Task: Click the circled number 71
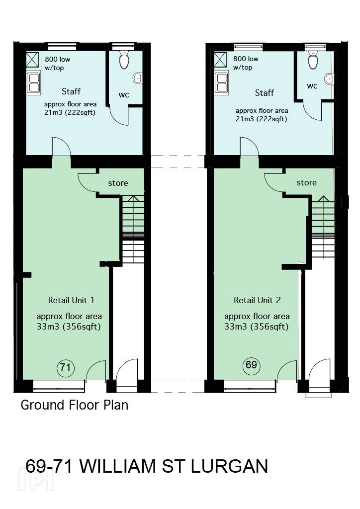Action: click(x=66, y=367)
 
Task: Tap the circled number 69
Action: click(x=251, y=365)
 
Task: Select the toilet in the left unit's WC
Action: click(x=124, y=60)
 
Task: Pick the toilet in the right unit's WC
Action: click(x=313, y=60)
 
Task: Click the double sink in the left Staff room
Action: click(x=33, y=83)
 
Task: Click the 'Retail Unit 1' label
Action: click(x=71, y=300)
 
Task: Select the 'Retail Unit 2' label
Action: click(x=257, y=300)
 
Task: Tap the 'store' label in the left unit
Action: click(x=118, y=183)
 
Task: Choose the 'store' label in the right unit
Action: click(x=306, y=183)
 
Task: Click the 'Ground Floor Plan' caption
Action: click(x=75, y=405)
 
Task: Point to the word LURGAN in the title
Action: click(x=229, y=466)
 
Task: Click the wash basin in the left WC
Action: click(x=138, y=78)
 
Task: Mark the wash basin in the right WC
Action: click(x=329, y=78)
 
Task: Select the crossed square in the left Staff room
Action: click(x=32, y=60)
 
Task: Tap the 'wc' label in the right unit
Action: click(x=312, y=86)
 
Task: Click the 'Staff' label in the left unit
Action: click(x=71, y=91)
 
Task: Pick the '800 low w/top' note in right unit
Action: click(x=246, y=63)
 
